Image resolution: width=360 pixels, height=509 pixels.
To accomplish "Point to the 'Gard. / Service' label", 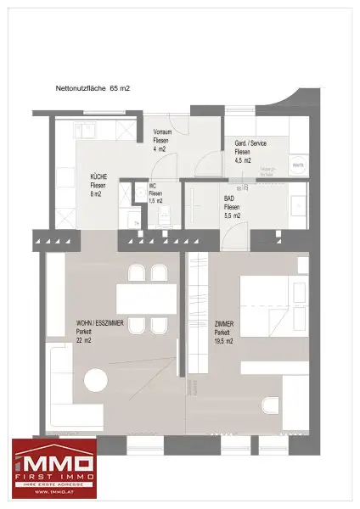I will click(x=250, y=143).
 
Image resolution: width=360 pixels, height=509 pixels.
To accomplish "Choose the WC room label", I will click(x=153, y=186).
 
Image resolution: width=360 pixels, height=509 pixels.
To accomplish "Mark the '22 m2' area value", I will click(x=83, y=339).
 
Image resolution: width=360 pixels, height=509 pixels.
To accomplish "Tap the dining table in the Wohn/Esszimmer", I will click(x=145, y=299).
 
